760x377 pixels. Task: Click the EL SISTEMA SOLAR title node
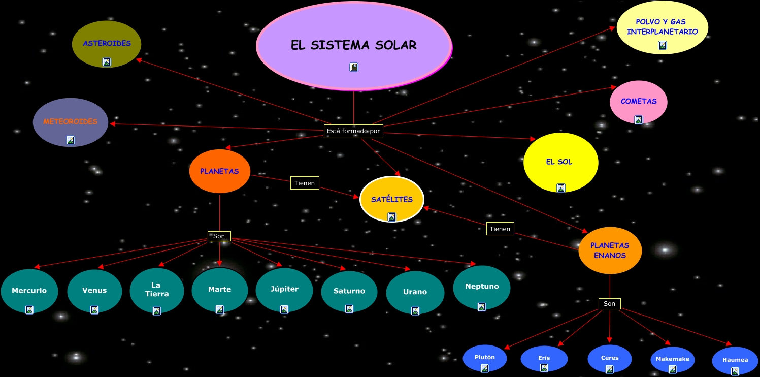click(354, 46)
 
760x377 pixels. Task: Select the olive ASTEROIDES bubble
click(107, 44)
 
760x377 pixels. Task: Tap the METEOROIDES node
click(71, 122)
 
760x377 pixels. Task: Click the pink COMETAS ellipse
click(638, 102)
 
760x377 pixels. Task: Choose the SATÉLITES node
click(391, 199)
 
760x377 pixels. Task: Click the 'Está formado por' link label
click(353, 131)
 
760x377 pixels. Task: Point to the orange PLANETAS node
click(219, 171)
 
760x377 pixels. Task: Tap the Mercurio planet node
click(29, 291)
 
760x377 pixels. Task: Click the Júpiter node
click(284, 289)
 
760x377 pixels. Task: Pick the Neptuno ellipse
click(482, 287)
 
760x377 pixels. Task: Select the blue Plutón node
click(485, 358)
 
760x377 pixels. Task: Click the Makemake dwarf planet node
click(673, 359)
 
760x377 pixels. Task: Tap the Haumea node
click(735, 360)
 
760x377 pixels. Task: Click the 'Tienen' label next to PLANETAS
click(305, 183)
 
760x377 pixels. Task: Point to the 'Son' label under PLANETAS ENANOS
click(609, 304)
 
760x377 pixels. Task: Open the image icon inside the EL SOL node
click(561, 187)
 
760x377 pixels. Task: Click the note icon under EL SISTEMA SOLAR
click(354, 67)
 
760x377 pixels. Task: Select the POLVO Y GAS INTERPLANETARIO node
click(662, 27)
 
